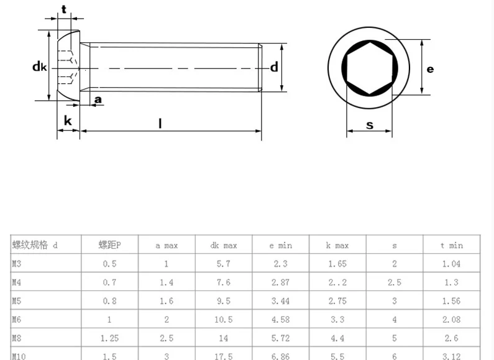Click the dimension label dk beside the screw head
tap(40, 67)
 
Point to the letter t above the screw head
tap(64, 9)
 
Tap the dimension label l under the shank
tap(160, 123)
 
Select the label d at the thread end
tap(275, 67)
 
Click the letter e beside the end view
tap(430, 69)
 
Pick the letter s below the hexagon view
tap(370, 125)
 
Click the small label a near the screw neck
tap(98, 99)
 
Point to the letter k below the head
tap(68, 121)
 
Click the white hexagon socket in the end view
tap(369, 68)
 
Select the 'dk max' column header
tap(224, 246)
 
